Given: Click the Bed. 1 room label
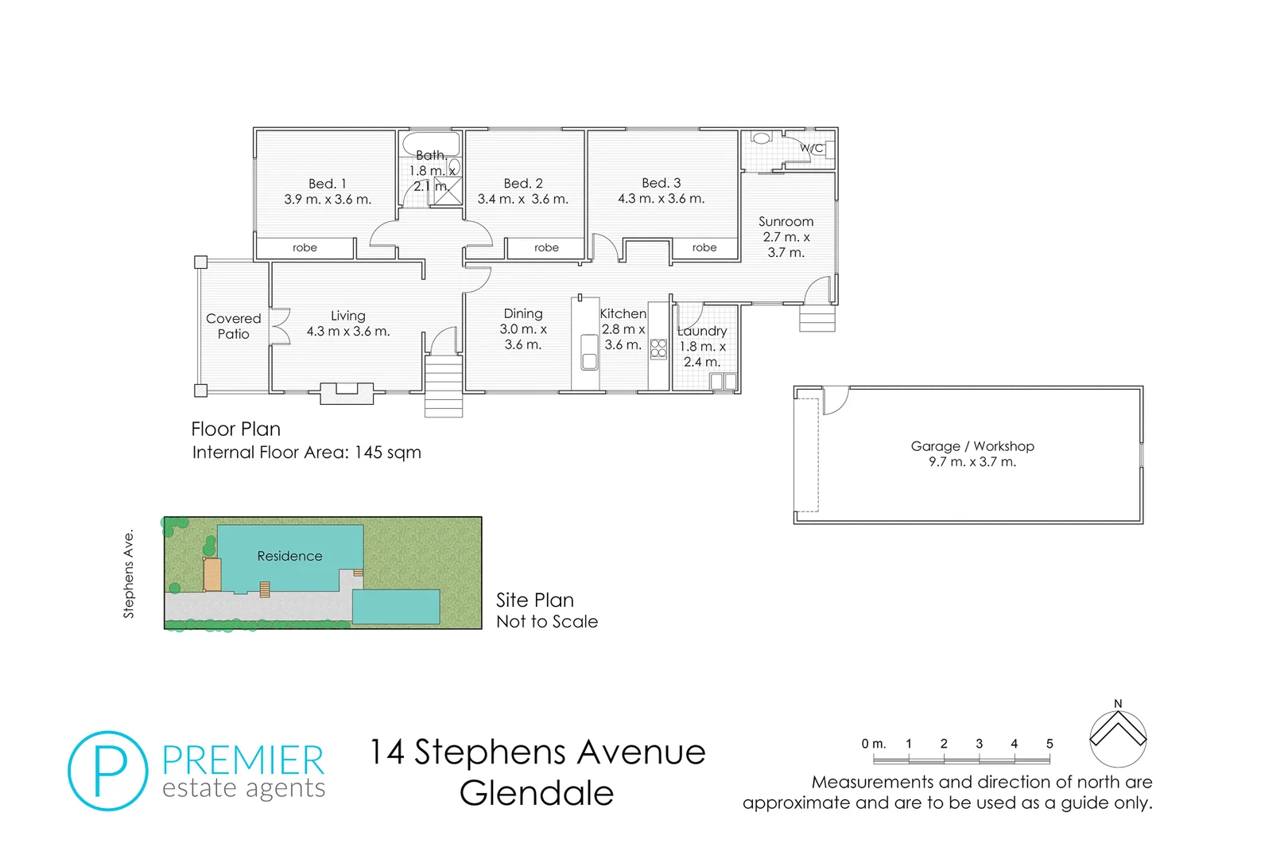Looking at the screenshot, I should pos(328,184).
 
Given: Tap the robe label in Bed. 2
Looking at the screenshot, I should pos(546,248).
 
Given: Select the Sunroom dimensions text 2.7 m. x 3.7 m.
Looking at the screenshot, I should pos(786,244).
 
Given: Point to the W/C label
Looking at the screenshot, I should pos(811,148).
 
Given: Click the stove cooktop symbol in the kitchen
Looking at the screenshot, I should pos(658,348).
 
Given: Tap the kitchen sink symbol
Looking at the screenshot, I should pos(589,352).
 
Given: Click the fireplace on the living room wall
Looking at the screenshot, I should pos(347,393).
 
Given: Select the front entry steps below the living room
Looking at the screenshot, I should pos(444,386).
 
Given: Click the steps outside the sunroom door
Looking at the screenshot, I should pos(817,320).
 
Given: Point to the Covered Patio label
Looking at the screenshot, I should pos(233,326).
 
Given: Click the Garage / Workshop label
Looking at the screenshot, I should pos(972,446).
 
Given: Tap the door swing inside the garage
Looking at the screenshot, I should pos(835,400).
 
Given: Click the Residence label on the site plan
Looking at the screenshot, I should pos(289,556).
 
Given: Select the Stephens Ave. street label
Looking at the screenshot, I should pos(129,573).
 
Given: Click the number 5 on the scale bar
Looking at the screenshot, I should pos(1049,744).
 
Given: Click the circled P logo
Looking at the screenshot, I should pos(108,771).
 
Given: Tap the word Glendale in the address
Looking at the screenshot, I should pos(537,793).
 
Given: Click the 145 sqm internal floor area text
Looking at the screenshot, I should pos(387,453).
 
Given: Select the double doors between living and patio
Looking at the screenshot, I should pos(278,326).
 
